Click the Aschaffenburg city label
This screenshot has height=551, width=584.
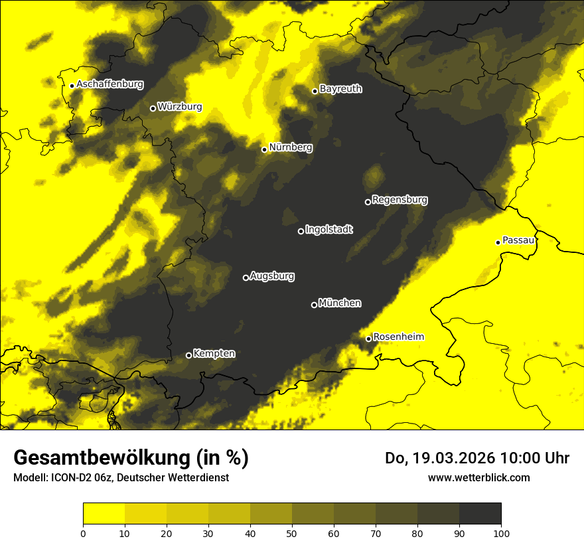tap(110, 84)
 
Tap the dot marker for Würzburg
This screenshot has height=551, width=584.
tap(153, 108)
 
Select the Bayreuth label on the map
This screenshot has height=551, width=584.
tap(340, 88)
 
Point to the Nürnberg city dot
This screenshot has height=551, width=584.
tap(264, 149)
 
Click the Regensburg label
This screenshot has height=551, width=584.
tap(400, 199)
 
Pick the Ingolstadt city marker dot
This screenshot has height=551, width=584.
tap(301, 231)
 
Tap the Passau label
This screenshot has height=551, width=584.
tap(518, 240)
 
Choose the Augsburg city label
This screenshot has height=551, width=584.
tap(272, 275)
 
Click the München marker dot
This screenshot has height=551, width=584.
tap(314, 305)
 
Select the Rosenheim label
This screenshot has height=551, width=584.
tap(398, 337)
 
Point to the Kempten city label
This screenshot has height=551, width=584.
tap(214, 353)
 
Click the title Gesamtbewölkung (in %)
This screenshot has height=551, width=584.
tap(131, 458)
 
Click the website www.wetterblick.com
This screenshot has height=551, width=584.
tap(478, 477)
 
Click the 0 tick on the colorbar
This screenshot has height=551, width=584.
tap(83, 532)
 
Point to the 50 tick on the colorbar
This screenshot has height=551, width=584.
tap(292, 532)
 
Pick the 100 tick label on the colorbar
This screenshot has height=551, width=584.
tap(501, 532)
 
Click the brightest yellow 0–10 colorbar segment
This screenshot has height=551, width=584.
tap(104, 514)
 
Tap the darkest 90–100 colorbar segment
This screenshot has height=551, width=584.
tap(480, 514)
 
